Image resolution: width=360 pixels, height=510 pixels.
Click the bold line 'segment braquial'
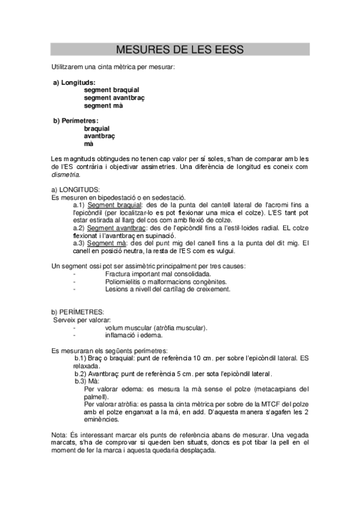[x=112, y=90]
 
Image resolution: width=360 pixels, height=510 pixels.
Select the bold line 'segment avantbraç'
[x=115, y=97]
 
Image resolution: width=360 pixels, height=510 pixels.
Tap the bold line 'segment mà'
[x=103, y=105]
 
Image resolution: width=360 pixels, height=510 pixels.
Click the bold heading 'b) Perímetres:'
[x=76, y=120]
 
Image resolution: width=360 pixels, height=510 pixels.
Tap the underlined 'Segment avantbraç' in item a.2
[x=116, y=228]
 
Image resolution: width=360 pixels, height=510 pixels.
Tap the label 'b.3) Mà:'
[x=87, y=381]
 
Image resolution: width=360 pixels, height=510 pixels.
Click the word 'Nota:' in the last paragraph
[x=59, y=434]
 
